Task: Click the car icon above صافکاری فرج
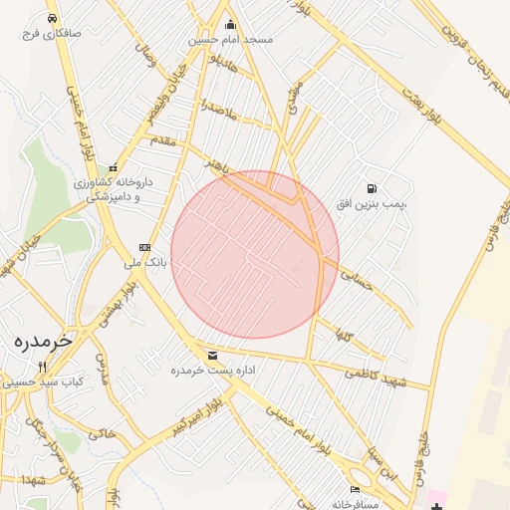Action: (51, 19)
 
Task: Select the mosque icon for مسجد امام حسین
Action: (231, 25)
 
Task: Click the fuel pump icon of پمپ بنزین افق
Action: (372, 187)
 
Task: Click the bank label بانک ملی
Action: (145, 264)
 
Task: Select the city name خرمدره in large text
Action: (44, 340)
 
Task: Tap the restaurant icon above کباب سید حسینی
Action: (41, 368)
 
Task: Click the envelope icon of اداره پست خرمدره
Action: (212, 356)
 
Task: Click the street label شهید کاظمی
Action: (376, 378)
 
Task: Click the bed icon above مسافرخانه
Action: (356, 489)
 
